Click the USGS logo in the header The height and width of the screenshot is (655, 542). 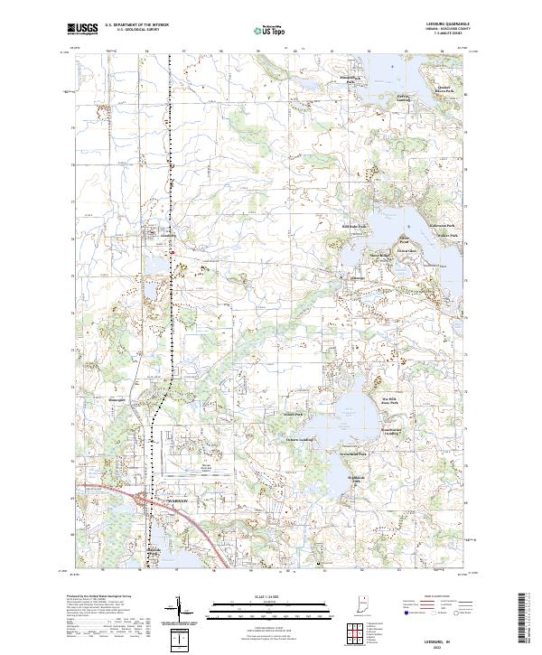[x=82, y=30]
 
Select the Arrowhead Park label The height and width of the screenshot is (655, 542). [x=350, y=453]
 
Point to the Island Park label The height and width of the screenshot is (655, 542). [x=294, y=415]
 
